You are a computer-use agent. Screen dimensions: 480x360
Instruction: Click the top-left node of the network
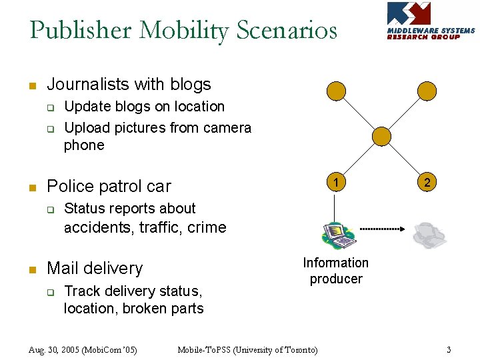pos(338,91)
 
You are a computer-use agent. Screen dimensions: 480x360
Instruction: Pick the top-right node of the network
pos(426,91)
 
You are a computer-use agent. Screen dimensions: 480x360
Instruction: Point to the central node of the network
pos(382,136)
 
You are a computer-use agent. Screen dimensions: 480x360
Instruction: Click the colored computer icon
pos(338,234)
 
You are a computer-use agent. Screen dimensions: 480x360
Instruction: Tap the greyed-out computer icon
pos(429,235)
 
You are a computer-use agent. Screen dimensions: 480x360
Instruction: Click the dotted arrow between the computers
pos(382,229)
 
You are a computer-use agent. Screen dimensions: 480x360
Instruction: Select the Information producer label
pos(336,271)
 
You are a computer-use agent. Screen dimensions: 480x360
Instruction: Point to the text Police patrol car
pos(109,186)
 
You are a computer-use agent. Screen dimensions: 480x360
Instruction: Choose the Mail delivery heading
pos(95,268)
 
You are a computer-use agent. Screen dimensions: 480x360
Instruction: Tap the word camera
pos(227,127)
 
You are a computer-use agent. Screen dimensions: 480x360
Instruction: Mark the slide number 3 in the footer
pos(449,349)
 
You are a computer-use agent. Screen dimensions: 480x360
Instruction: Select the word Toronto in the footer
pos(297,349)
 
